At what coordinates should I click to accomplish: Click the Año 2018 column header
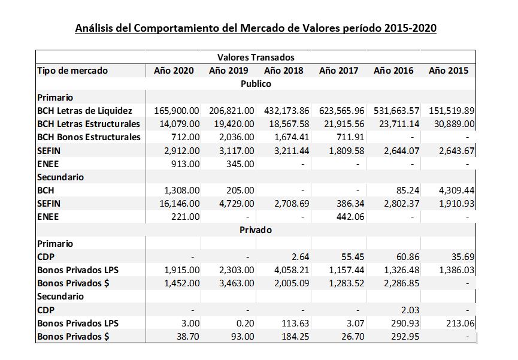(x=283, y=71)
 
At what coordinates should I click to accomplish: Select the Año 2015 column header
(x=449, y=71)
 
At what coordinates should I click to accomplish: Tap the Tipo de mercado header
(x=72, y=71)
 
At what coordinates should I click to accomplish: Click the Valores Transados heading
(x=256, y=57)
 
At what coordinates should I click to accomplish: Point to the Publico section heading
(x=256, y=84)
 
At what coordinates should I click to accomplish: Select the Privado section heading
(x=256, y=230)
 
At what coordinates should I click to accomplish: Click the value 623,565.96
(x=341, y=110)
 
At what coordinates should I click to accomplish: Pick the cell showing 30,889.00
(x=455, y=123)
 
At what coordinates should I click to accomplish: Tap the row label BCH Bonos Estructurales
(x=89, y=137)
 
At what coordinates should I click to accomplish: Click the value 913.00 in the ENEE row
(x=185, y=164)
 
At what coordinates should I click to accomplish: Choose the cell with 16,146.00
(x=180, y=203)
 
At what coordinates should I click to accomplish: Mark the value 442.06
(x=350, y=216)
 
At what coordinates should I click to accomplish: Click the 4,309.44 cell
(x=456, y=190)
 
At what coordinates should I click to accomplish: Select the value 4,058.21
(x=292, y=270)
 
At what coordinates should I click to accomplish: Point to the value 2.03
(x=410, y=310)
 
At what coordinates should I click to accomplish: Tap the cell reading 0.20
(x=246, y=323)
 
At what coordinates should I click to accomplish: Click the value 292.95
(x=405, y=336)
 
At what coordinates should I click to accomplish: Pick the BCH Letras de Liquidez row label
(x=84, y=110)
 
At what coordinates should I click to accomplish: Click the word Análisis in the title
(x=94, y=28)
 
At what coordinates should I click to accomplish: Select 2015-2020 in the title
(x=410, y=28)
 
